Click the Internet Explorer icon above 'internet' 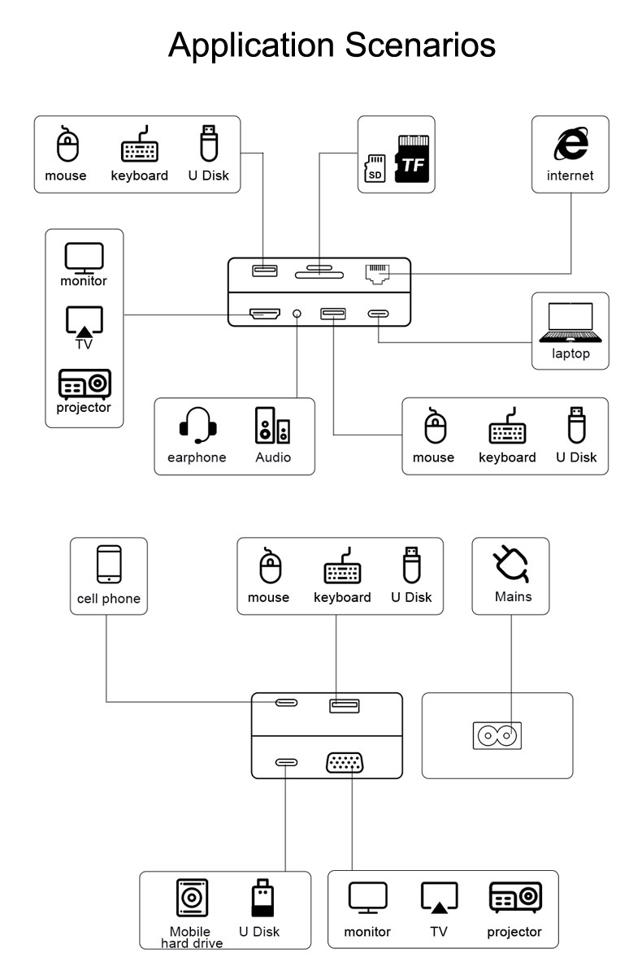click(570, 145)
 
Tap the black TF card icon click(412, 159)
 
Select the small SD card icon click(375, 169)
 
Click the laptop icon click(570, 322)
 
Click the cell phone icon click(109, 565)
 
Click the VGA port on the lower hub click(345, 763)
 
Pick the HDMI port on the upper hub click(264, 314)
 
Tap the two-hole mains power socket click(497, 736)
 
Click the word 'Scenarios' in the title click(420, 45)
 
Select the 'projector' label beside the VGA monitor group click(514, 932)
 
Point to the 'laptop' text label click(570, 353)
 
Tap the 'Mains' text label click(513, 596)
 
